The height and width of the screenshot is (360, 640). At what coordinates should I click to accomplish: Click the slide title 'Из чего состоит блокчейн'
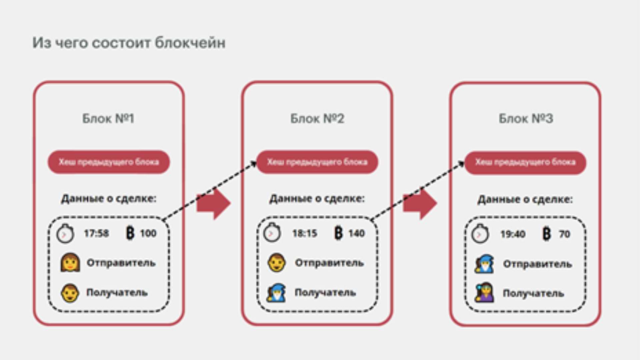coord(129,43)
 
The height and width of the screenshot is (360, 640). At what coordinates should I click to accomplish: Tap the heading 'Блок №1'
coord(108,118)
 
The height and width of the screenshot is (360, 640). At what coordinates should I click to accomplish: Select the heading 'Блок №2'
coord(317,118)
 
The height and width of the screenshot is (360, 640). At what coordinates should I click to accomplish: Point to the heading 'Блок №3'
coord(526,118)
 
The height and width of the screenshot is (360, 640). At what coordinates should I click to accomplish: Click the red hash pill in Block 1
coord(109,162)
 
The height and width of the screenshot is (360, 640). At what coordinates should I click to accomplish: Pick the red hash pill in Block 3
coord(525,162)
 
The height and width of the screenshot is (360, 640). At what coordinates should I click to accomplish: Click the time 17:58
coord(96,233)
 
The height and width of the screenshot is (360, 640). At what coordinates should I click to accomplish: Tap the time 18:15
coord(305,233)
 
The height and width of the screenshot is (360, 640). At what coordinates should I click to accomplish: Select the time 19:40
coord(513,234)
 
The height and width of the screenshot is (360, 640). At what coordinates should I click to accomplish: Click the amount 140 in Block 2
coord(357,233)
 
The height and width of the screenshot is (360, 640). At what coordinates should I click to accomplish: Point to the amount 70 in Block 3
coord(564,234)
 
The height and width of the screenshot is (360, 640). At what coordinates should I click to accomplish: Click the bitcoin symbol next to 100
coord(130,233)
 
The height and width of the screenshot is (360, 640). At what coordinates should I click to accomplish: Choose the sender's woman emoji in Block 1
coord(70,263)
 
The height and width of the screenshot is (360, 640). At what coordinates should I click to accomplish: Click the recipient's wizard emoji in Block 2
coord(277,293)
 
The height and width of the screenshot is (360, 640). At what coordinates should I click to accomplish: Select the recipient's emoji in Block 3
coord(484,293)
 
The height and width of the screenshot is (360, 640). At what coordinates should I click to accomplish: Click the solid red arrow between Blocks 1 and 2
coord(214,204)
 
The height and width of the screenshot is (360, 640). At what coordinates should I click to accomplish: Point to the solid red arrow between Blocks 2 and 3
coord(420,204)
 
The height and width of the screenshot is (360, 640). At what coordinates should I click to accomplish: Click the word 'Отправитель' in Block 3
coord(537,264)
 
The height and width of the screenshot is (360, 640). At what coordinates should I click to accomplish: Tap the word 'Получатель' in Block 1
coord(117,293)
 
